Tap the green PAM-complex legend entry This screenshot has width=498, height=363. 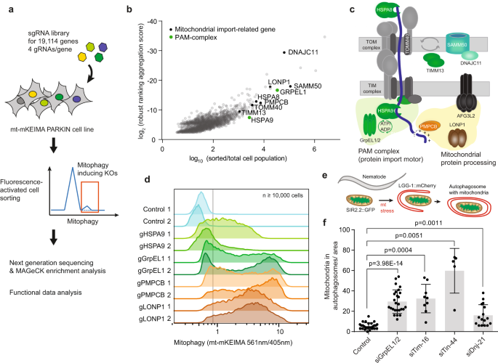pyautogui.click(x=189, y=28)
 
